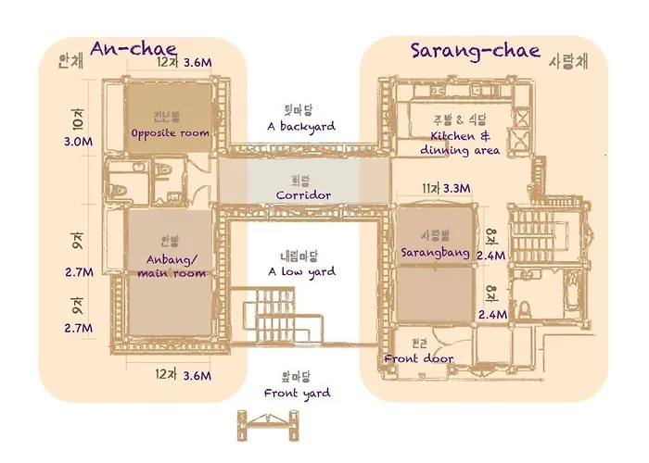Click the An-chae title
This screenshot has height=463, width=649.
coord(134,48)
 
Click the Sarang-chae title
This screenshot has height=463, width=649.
coord(476,51)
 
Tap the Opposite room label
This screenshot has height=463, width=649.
coord(170,134)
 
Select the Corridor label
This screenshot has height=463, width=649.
coord(303,195)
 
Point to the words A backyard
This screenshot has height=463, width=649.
coord(301,127)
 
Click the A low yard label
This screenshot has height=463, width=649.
coord(301,271)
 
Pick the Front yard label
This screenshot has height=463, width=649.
coord(298,394)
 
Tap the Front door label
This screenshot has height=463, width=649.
coord(418,358)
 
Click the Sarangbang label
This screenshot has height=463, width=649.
coord(435,253)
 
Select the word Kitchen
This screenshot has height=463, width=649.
coord(452,136)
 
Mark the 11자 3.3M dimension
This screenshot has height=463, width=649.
coord(446,189)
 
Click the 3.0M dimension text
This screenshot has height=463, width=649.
coord(78,142)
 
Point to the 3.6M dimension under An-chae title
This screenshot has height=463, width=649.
coord(197,62)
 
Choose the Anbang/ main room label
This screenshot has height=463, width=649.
coord(172,267)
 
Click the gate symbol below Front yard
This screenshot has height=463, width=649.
coord(268,425)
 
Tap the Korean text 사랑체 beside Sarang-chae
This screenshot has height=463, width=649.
coord(567,62)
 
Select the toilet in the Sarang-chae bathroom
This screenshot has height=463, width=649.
coord(525,309)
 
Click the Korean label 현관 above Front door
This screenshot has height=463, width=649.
coord(419,344)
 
